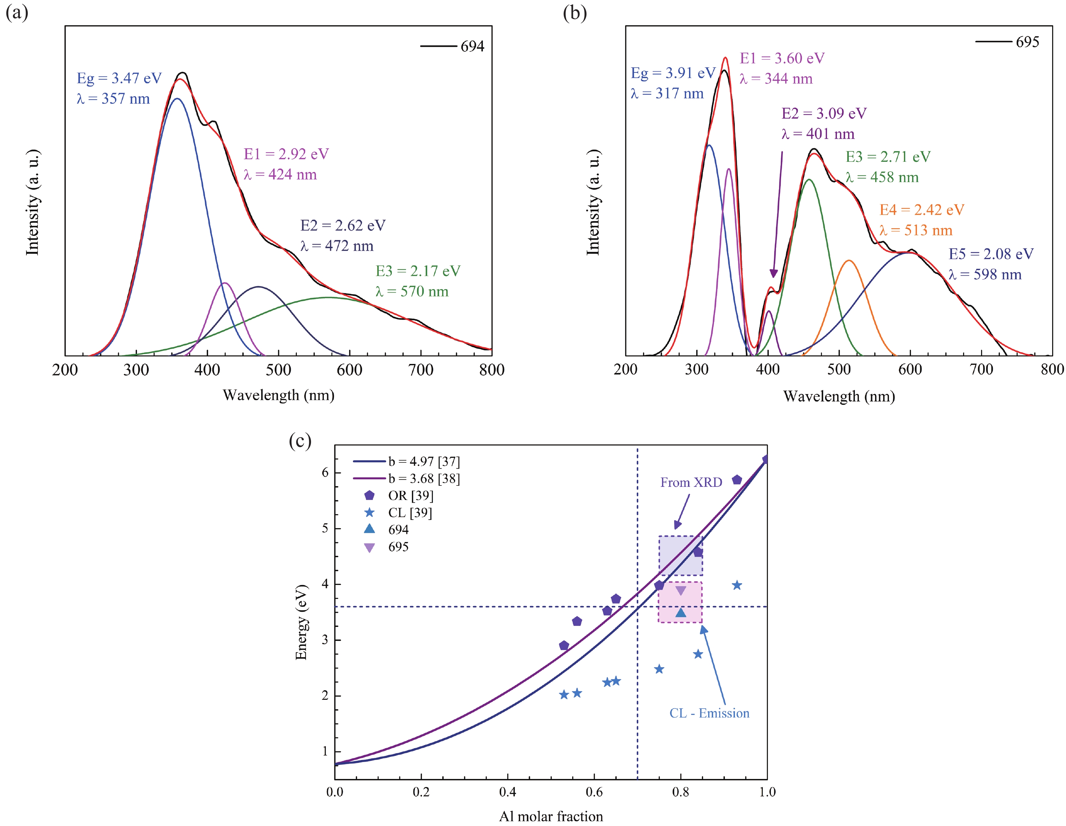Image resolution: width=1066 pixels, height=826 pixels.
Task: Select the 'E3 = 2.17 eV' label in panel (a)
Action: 418,271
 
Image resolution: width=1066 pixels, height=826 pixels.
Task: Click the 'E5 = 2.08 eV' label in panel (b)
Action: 991,254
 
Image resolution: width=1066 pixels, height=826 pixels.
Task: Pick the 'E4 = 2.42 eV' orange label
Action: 921,210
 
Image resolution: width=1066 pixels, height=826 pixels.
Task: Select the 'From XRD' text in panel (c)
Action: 691,482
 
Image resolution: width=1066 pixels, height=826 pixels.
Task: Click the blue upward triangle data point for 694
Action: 681,613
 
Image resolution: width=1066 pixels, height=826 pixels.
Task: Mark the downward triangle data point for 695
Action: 681,591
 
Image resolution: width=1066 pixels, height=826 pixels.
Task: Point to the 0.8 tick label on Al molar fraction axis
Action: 681,792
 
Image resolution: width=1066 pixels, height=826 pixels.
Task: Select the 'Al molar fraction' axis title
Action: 551,816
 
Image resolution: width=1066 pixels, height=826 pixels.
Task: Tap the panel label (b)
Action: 575,13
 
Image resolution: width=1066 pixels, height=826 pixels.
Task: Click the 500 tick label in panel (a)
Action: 278,370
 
